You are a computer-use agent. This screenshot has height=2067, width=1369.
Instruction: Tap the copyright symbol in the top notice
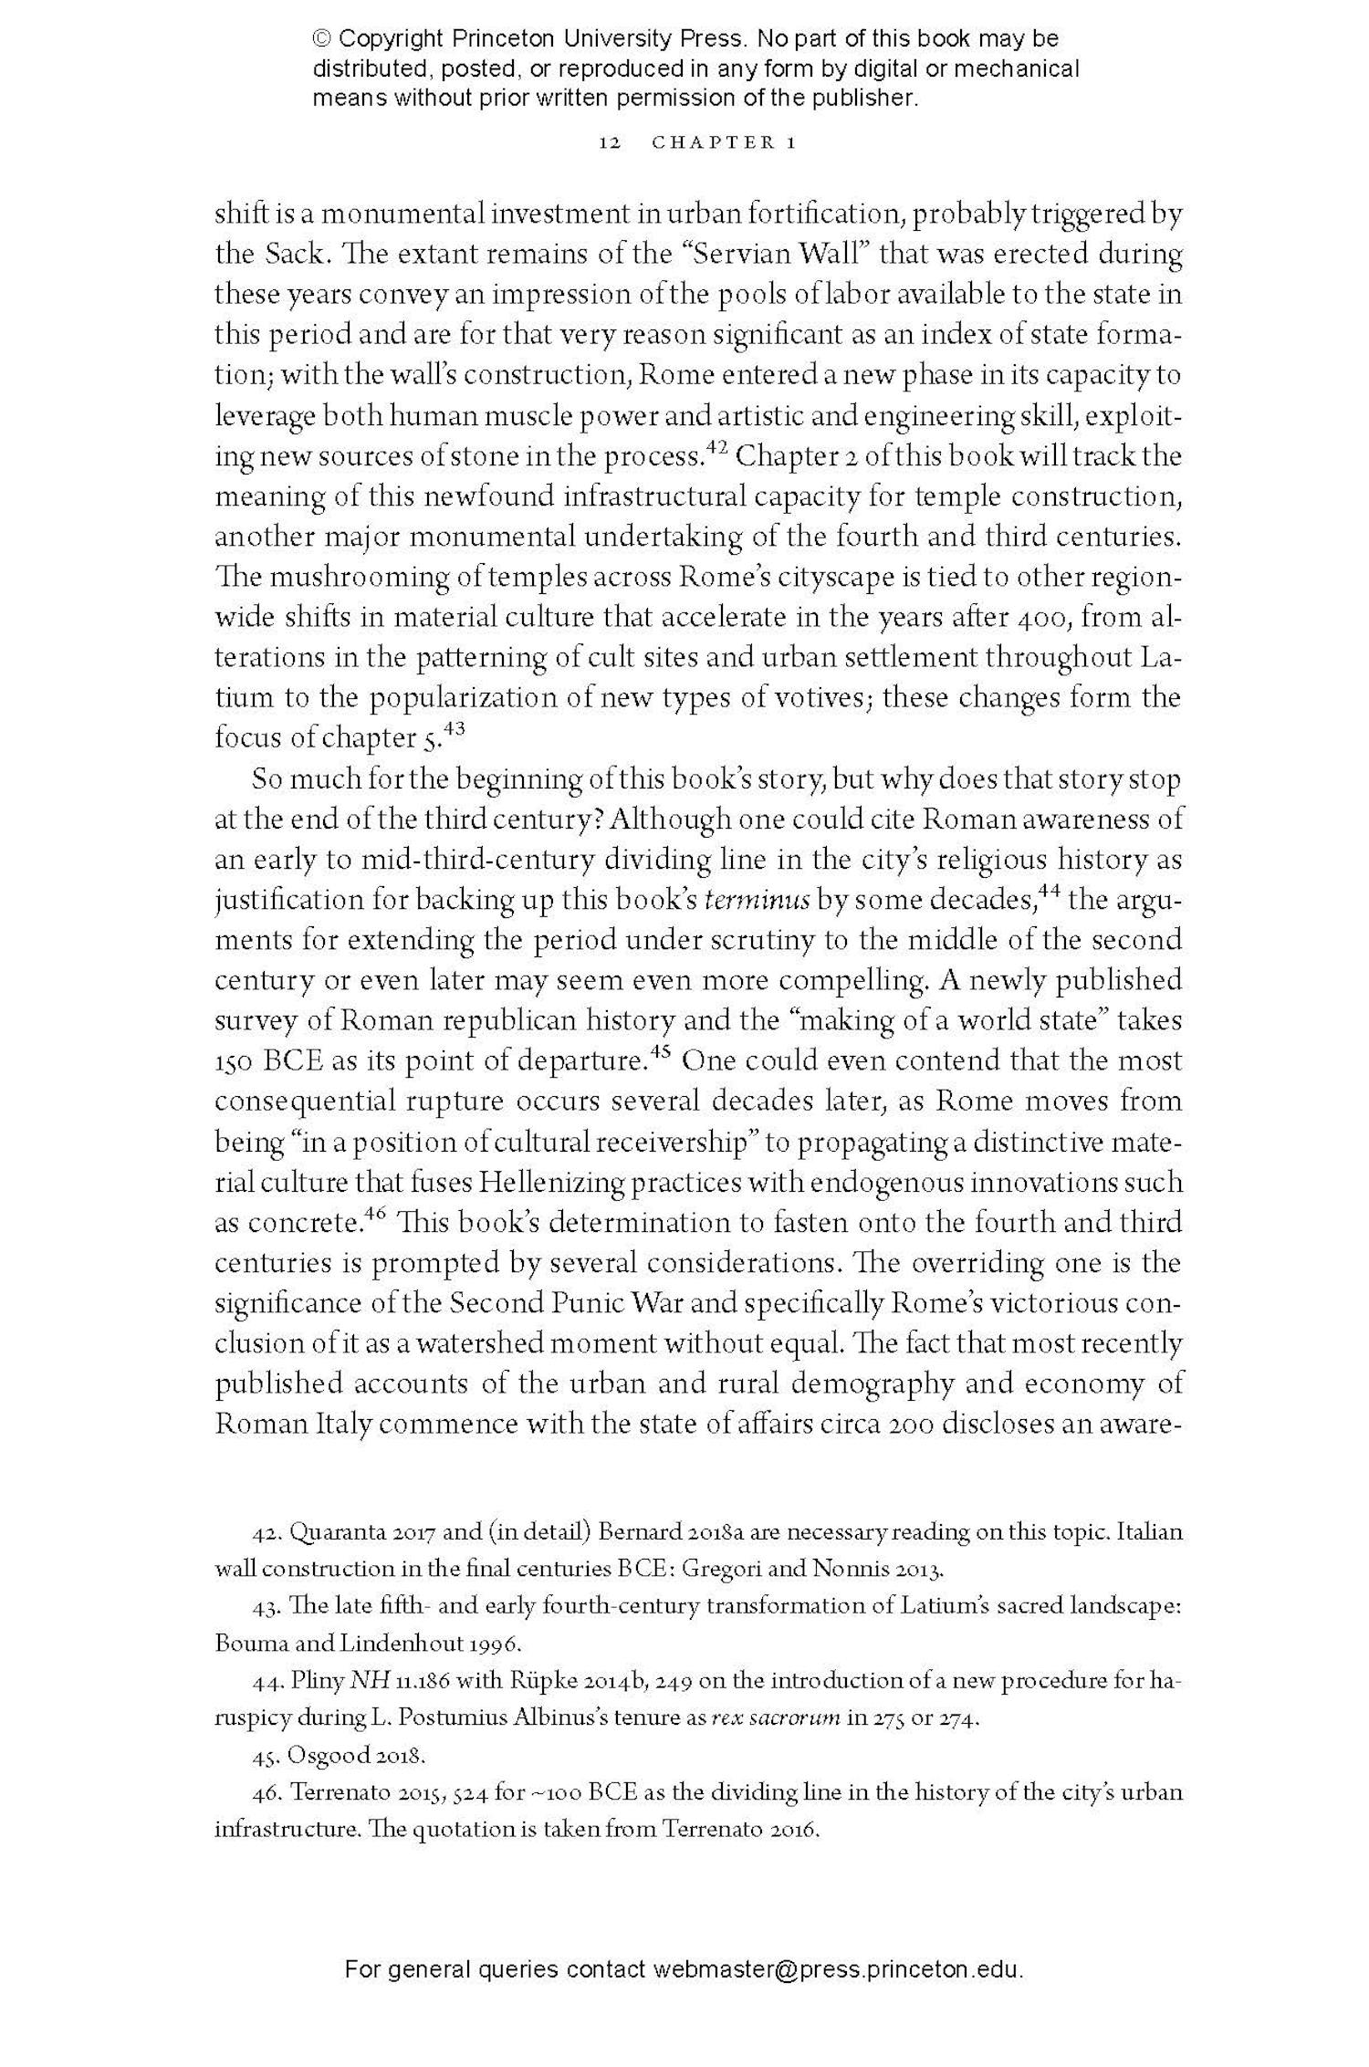tap(322, 39)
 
